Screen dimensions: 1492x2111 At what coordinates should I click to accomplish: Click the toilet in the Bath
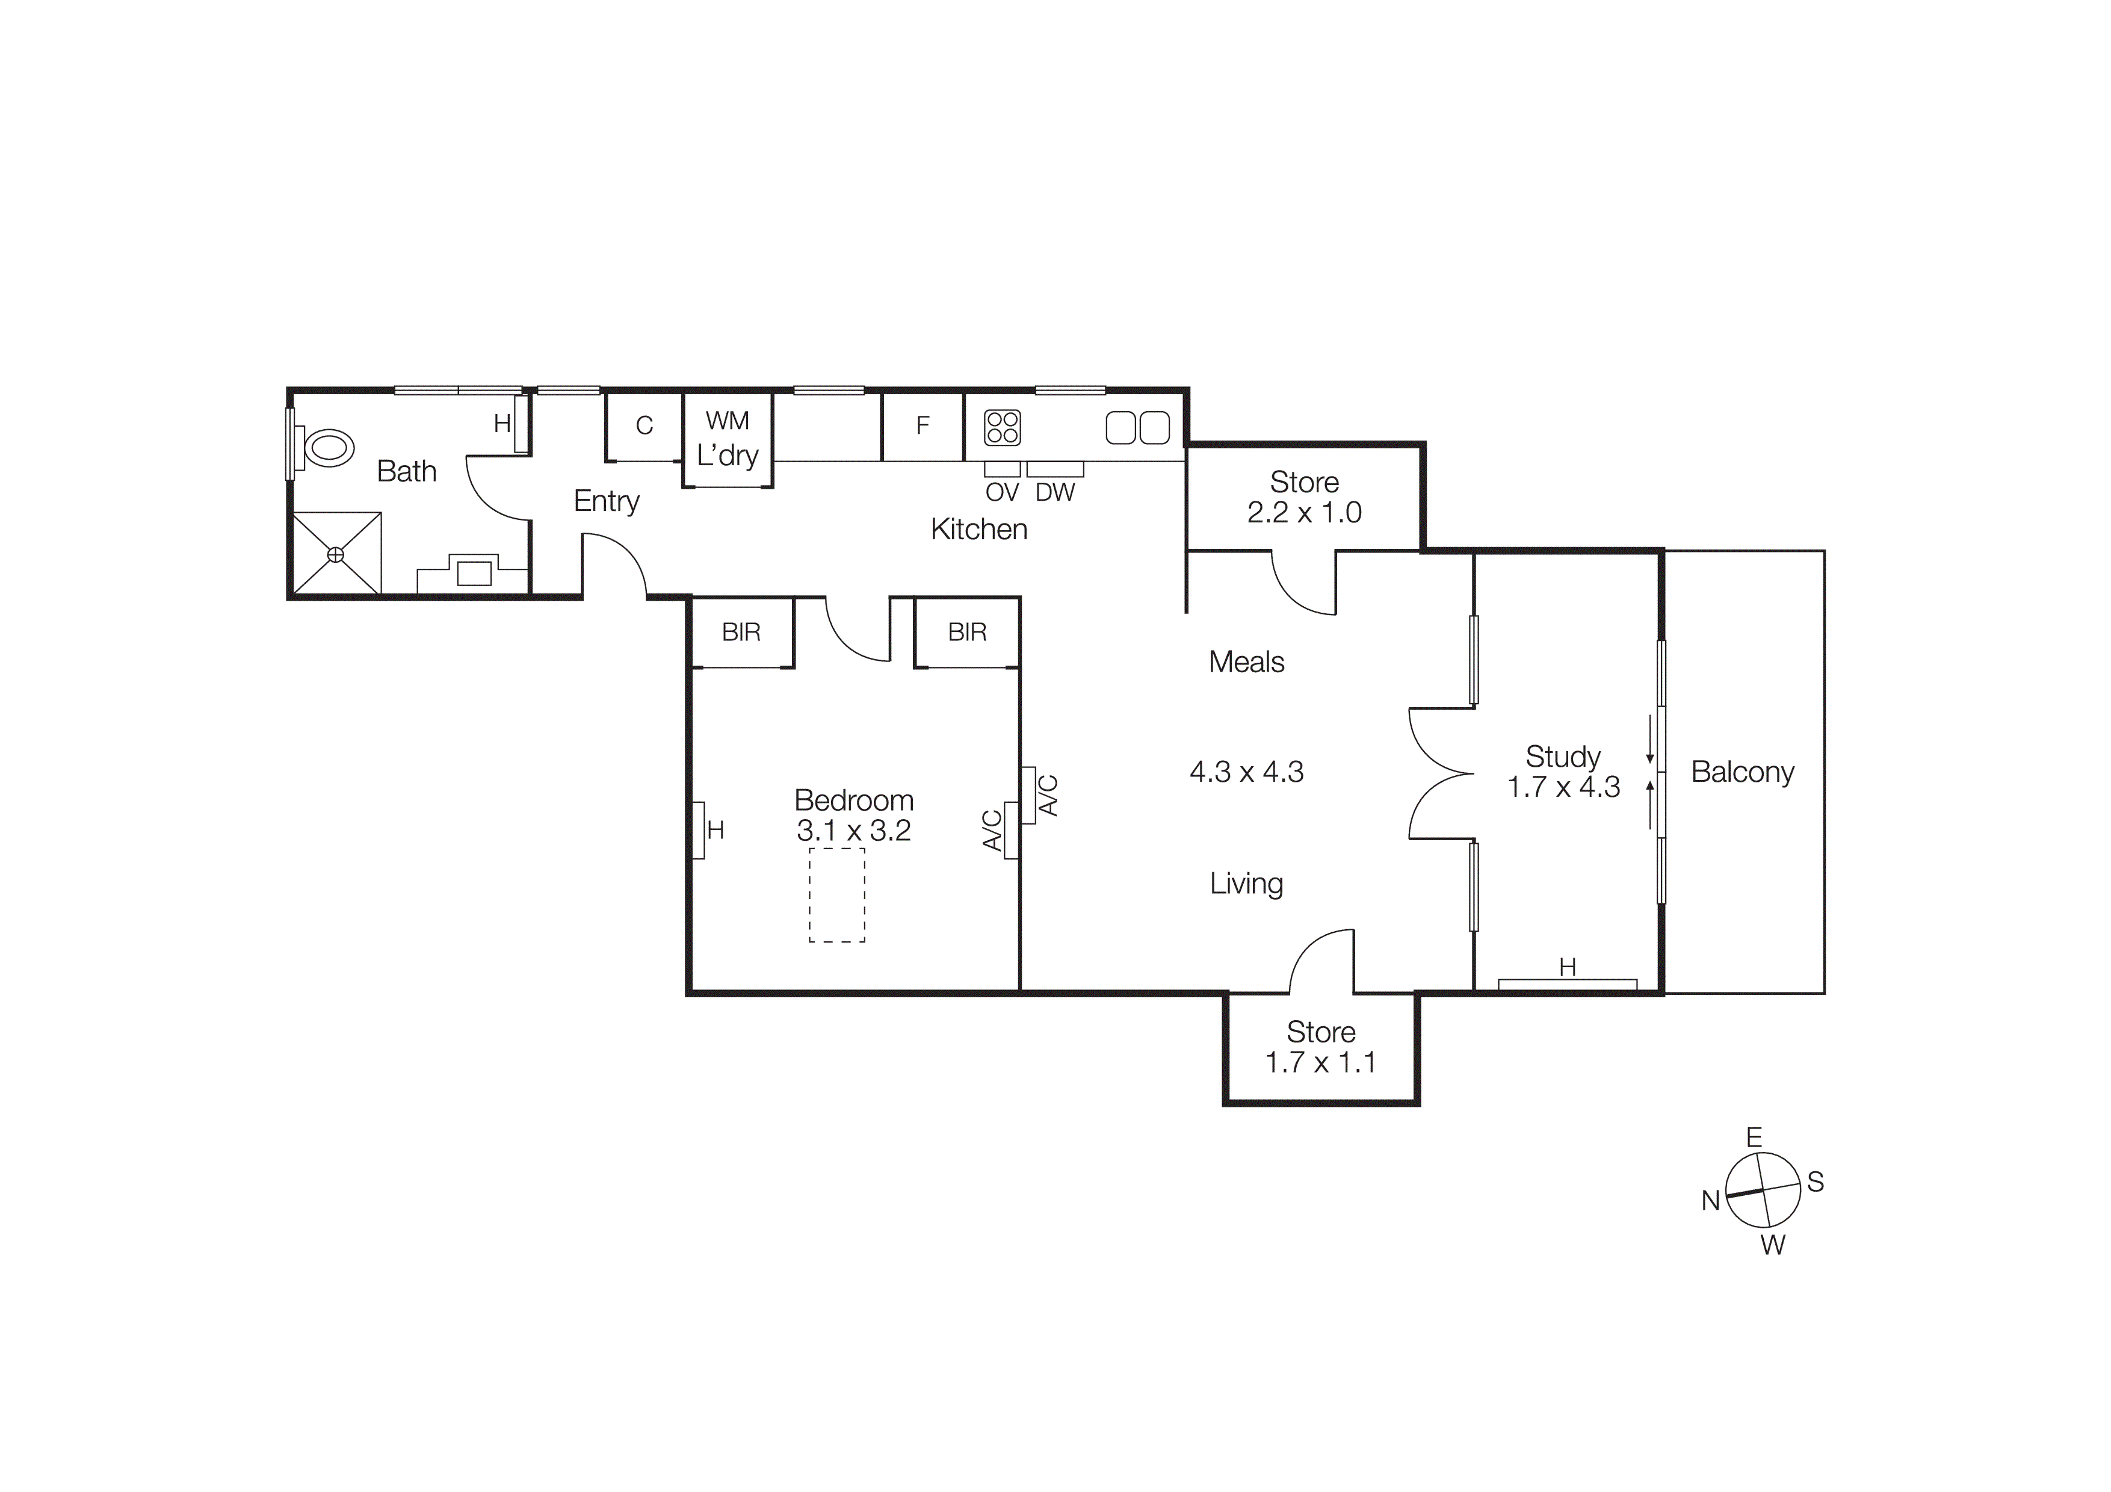tap(327, 448)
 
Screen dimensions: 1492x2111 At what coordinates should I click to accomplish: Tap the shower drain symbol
tap(336, 554)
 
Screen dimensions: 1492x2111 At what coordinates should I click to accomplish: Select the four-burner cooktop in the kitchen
tap(1002, 427)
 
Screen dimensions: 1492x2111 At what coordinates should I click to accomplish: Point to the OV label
tap(1002, 493)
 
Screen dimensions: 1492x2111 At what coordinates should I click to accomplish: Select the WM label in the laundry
tap(728, 421)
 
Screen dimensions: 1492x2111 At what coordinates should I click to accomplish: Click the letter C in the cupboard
tap(644, 426)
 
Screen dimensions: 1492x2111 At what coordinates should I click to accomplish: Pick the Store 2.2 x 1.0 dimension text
tap(1304, 513)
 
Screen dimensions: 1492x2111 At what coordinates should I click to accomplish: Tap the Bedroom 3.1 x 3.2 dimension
tap(853, 831)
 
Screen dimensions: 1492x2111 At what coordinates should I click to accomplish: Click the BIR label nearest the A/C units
tap(966, 633)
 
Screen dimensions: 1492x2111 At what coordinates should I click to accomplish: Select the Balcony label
tap(1742, 772)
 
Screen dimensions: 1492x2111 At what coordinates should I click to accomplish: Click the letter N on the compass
tap(1710, 1201)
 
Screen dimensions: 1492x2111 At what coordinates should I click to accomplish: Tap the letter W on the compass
tap(1773, 1246)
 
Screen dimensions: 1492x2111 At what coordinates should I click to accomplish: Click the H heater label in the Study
tap(1568, 967)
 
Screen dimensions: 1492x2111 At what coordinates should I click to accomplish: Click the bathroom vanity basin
tap(474, 573)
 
